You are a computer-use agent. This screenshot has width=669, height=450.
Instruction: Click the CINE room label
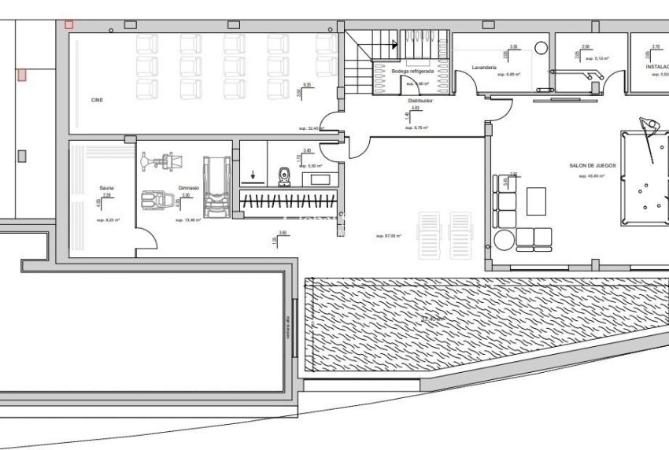coord(98,100)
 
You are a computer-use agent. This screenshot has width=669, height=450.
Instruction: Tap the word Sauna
coord(107,188)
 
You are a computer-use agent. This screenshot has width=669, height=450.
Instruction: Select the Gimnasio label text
coord(187,188)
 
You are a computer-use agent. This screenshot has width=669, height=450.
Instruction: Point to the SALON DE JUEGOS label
coord(593,165)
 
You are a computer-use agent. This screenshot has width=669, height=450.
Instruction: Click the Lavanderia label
coord(484,68)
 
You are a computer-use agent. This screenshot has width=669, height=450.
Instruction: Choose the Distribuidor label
coord(421,101)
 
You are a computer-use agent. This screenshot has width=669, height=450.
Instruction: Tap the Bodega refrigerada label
coord(412,71)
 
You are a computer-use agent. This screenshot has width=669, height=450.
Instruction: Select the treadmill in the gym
coord(214,186)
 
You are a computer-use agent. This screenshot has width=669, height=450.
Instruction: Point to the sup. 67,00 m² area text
coord(389,236)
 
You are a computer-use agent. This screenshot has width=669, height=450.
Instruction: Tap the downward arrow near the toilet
coord(253,175)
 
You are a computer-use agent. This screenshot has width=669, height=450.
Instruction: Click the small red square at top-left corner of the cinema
coord(68,26)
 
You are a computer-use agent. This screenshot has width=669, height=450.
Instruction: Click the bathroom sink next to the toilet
coord(322,179)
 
